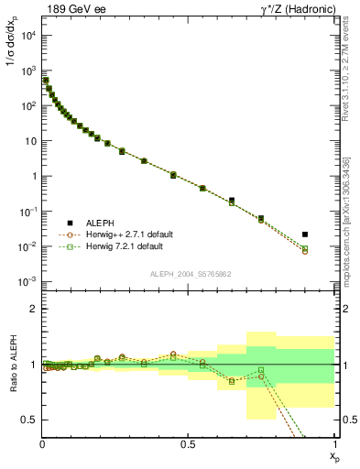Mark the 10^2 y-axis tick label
pos(28,105)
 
